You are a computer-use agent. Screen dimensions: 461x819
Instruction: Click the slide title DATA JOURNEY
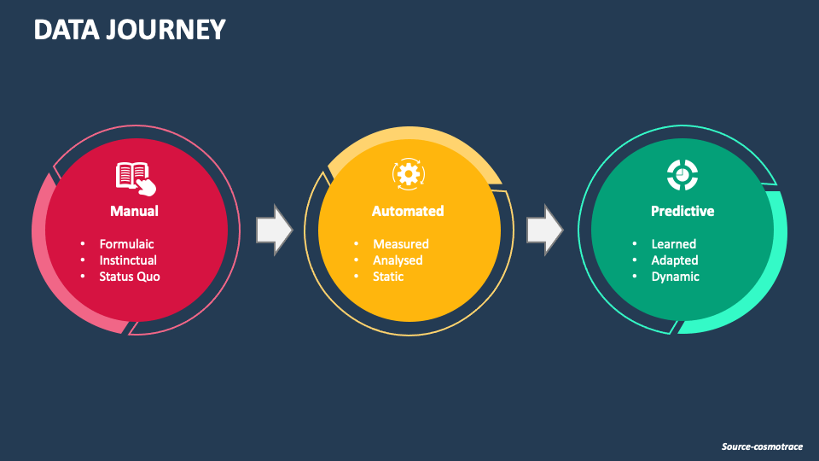pyautogui.click(x=130, y=30)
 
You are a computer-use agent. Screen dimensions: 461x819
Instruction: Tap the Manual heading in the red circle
pyautogui.click(x=134, y=211)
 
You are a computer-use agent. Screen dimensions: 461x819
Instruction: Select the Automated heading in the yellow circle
pyautogui.click(x=408, y=211)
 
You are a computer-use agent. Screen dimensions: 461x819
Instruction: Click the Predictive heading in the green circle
pyautogui.click(x=682, y=211)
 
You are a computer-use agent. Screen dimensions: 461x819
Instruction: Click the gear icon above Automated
pyautogui.click(x=408, y=174)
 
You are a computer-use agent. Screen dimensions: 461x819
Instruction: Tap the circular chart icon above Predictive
pyautogui.click(x=682, y=175)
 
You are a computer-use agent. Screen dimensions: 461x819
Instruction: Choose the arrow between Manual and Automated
pyautogui.click(x=274, y=230)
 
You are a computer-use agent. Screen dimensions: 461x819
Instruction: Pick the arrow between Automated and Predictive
pyautogui.click(x=544, y=230)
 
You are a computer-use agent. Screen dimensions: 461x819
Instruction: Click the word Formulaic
pyautogui.click(x=126, y=244)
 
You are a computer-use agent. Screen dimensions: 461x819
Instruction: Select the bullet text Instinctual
pyautogui.click(x=128, y=260)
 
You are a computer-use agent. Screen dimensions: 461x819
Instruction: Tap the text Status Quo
pyautogui.click(x=129, y=277)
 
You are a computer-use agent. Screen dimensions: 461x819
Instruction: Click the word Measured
pyautogui.click(x=400, y=244)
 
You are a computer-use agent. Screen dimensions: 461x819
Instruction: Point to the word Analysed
pyautogui.click(x=398, y=260)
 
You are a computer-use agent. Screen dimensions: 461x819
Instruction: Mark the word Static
pyautogui.click(x=388, y=277)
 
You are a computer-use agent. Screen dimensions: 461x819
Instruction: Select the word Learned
pyautogui.click(x=673, y=244)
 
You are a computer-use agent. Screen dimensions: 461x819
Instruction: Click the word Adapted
pyautogui.click(x=675, y=260)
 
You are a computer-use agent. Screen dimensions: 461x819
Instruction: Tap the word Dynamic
pyautogui.click(x=675, y=277)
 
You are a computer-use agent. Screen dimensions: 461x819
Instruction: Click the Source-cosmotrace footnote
pyautogui.click(x=762, y=446)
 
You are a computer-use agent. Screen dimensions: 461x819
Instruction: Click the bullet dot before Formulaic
pyautogui.click(x=83, y=244)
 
